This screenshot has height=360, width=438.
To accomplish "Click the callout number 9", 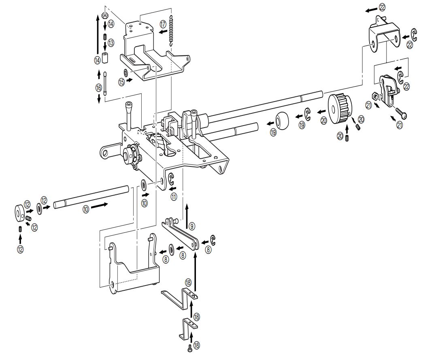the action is click(191, 225).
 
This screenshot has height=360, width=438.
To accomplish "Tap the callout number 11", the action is click(174, 197).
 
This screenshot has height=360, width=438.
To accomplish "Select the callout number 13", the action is click(111, 43).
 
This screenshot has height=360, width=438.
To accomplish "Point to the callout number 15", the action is click(121, 82).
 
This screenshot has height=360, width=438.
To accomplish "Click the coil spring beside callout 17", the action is click(172, 31).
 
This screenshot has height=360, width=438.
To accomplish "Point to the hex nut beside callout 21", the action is click(375, 96).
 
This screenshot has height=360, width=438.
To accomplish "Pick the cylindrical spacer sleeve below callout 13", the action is click(105, 58).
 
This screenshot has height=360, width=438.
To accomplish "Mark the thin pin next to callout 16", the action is click(105, 83).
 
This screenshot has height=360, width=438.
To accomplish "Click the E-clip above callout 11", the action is click(171, 179).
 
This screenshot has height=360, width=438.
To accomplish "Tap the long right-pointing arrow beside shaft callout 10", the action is click(99, 205).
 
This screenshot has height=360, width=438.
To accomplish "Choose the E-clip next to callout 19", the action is click(308, 114).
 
